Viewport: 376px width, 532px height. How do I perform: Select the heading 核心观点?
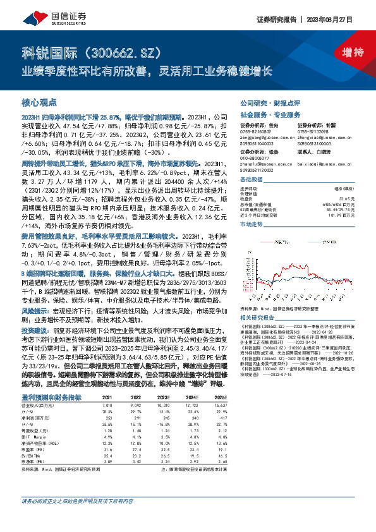39,102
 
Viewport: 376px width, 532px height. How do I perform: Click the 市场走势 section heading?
251,224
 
